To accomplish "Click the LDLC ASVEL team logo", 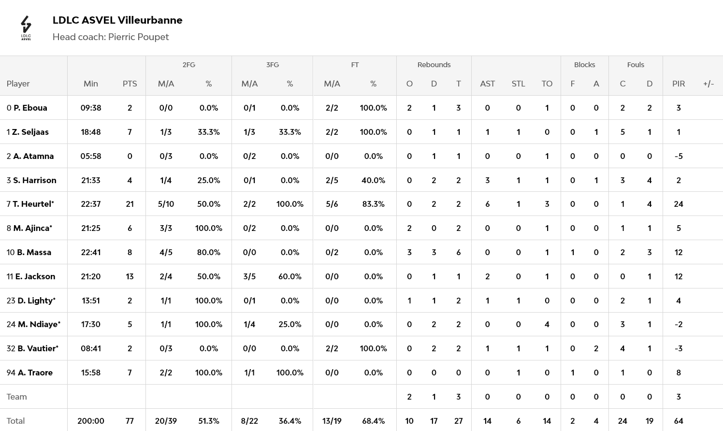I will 26,28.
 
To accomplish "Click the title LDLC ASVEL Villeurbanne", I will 117,20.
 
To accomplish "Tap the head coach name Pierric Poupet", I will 138,37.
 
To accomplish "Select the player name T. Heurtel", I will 33,204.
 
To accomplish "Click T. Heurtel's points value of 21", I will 130,204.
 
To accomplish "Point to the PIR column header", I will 678,84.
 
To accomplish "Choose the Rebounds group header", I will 434,65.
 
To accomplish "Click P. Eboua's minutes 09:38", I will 91,108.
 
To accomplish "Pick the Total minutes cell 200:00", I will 91,421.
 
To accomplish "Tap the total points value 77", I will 130,421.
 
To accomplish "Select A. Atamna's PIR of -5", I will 678,156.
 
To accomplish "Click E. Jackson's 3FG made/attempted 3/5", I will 249,276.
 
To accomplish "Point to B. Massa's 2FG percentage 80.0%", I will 209,252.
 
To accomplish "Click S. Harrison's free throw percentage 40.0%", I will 373,180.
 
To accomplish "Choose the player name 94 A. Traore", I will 29,373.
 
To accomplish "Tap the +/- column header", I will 708,84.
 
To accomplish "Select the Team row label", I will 17,397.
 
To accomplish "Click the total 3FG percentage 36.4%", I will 289,421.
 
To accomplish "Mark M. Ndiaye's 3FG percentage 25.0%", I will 289,324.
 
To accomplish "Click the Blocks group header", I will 584,65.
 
